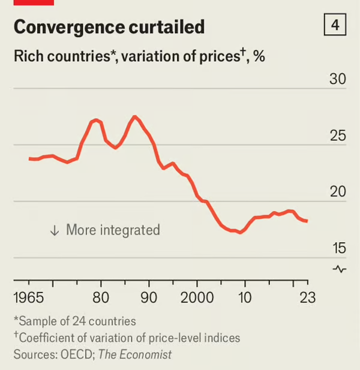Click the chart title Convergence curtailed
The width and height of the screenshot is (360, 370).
click(109, 27)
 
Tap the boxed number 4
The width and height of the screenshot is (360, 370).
click(335, 26)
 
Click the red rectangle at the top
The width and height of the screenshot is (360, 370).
click(34, 2)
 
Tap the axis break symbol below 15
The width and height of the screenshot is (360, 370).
click(340, 269)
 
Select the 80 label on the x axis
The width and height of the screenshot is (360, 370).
click(101, 298)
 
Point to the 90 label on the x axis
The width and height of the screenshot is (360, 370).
click(149, 298)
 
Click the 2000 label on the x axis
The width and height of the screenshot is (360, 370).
click(197, 298)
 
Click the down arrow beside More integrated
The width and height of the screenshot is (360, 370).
click(55, 230)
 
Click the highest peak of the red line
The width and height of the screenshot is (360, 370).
click(134, 116)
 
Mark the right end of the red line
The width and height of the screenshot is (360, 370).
click(307, 221)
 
